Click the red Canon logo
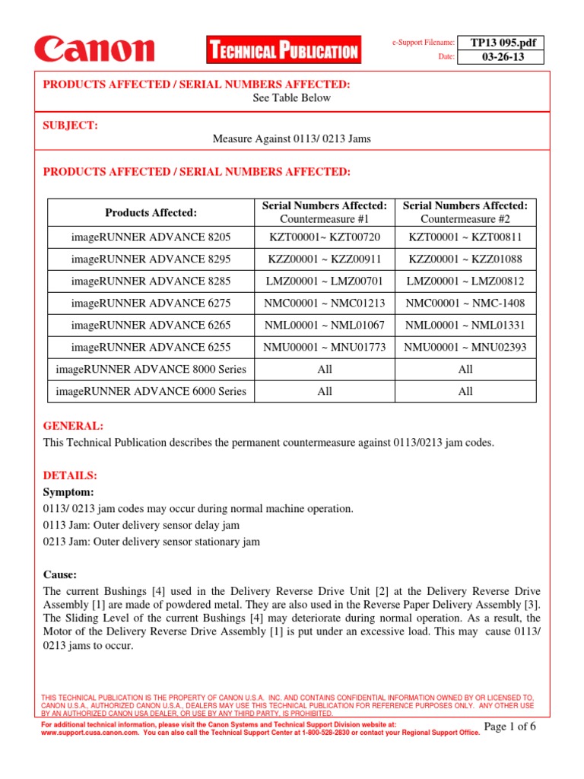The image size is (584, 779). [x=94, y=50]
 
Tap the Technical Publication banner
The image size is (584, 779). [x=283, y=51]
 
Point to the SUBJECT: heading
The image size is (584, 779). [x=71, y=126]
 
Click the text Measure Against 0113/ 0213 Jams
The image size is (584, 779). [x=292, y=139]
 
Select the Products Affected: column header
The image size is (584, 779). [x=151, y=212]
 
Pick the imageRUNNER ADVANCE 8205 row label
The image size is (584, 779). [x=151, y=237]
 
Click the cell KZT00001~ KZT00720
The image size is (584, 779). [x=325, y=237]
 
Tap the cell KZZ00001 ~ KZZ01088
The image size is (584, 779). [x=465, y=259]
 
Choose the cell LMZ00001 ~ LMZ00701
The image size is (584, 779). [x=325, y=281]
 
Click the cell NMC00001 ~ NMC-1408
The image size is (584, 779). [x=465, y=304]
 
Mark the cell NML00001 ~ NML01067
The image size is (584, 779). [x=325, y=326]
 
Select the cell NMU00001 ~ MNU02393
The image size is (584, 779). [x=465, y=348]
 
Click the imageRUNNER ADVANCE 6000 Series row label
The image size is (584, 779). [x=151, y=392]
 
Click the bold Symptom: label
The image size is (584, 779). [x=69, y=492]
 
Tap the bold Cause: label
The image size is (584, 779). [x=60, y=575]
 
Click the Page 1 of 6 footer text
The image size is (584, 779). [x=509, y=727]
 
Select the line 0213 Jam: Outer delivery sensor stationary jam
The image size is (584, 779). [x=151, y=542]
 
